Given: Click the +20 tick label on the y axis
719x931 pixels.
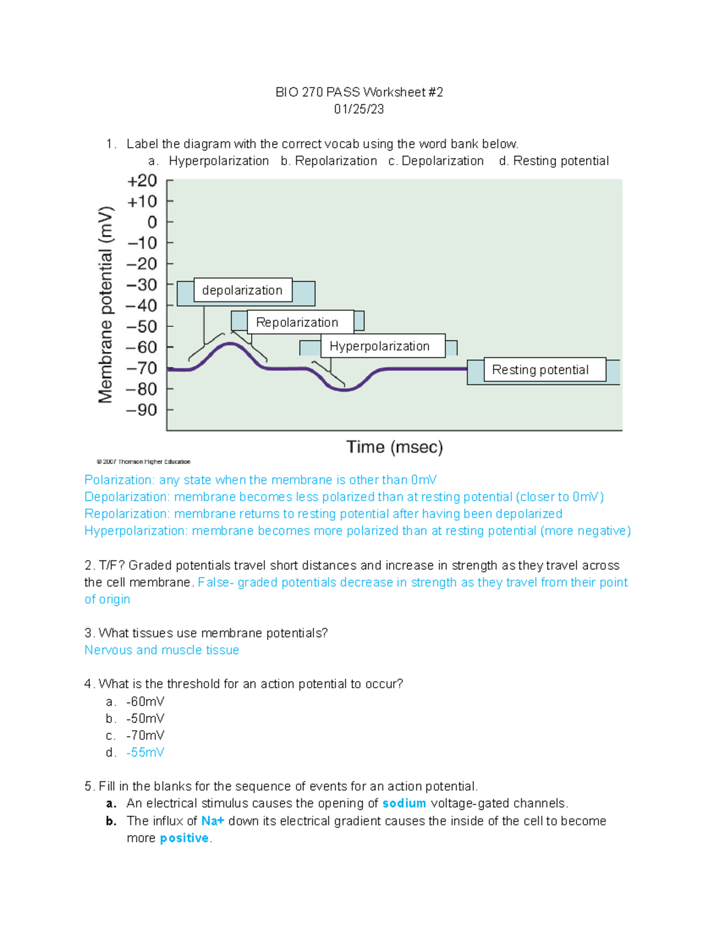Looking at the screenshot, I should click(142, 180).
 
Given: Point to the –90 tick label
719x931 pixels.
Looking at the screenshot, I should click(141, 410).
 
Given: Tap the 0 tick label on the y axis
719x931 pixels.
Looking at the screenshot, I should click(152, 222).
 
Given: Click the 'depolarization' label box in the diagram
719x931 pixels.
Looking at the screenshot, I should click(243, 290).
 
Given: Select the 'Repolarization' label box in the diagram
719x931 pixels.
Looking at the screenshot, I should click(297, 323).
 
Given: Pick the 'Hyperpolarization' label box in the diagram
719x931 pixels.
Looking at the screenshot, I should click(380, 346).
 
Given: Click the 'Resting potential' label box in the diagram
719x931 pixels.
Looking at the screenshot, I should click(540, 370).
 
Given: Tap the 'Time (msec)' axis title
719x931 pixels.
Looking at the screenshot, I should click(395, 447).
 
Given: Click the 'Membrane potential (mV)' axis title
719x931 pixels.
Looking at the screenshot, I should click(105, 305).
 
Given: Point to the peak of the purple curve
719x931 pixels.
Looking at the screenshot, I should click(230, 344).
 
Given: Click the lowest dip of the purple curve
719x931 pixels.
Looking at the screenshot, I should click(345, 390).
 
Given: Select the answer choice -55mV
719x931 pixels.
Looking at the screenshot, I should click(145, 752).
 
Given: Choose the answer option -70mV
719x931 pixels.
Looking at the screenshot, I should click(145, 736).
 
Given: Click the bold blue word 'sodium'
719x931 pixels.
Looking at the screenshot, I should click(404, 803).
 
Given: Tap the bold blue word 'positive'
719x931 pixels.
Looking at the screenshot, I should click(184, 838).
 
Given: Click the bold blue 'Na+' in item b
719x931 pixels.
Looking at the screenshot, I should click(213, 821).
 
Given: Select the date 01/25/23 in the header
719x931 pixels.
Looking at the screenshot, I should click(359, 109).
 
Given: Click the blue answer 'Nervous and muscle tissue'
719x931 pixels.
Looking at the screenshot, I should click(162, 650).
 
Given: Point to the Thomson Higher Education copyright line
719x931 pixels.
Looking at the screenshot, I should click(144, 462).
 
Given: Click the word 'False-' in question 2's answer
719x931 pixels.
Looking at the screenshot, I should click(215, 582).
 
